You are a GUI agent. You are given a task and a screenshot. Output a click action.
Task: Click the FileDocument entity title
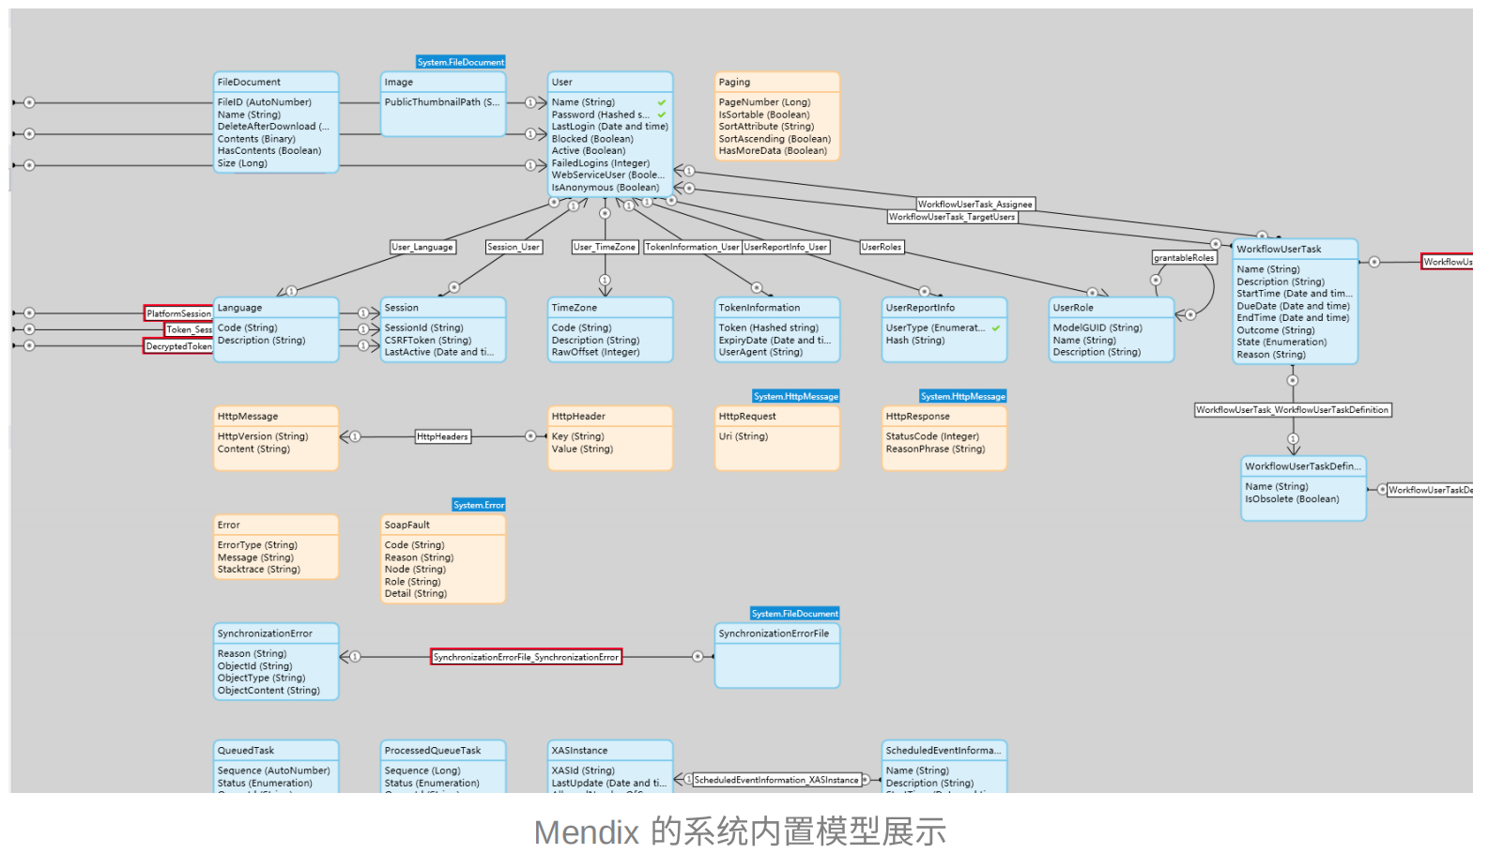(x=249, y=83)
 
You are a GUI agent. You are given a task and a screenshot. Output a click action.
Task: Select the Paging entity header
(x=734, y=83)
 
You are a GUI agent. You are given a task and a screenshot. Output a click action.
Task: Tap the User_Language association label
(x=422, y=247)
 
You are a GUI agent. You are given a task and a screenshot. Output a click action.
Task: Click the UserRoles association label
(x=882, y=247)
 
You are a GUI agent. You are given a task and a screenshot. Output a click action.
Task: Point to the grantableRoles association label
(x=1184, y=257)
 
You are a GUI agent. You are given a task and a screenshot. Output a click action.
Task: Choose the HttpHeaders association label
(x=442, y=436)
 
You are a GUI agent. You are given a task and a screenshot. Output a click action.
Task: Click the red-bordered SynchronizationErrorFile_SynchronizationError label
(x=526, y=657)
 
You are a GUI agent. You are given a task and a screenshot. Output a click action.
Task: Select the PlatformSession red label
(x=178, y=313)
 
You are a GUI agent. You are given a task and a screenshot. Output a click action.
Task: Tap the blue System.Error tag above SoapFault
(x=479, y=505)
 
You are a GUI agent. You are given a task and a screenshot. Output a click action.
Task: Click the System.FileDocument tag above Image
(x=461, y=62)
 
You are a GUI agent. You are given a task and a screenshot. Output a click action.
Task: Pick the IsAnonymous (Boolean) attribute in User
(x=605, y=188)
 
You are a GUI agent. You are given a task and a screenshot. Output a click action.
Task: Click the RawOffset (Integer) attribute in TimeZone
(x=595, y=353)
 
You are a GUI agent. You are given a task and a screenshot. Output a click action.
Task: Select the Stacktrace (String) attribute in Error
(x=259, y=570)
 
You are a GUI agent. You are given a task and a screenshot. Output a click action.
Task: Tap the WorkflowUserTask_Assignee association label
(x=974, y=204)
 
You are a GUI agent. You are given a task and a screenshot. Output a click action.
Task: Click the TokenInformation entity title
(x=759, y=308)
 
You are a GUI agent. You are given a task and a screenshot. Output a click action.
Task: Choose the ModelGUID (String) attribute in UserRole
(x=1097, y=328)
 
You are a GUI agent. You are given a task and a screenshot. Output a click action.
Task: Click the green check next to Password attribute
(x=662, y=114)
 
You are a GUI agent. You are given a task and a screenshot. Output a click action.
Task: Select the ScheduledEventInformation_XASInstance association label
(x=776, y=780)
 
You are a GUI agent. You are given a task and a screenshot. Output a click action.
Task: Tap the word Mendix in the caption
(x=587, y=832)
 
